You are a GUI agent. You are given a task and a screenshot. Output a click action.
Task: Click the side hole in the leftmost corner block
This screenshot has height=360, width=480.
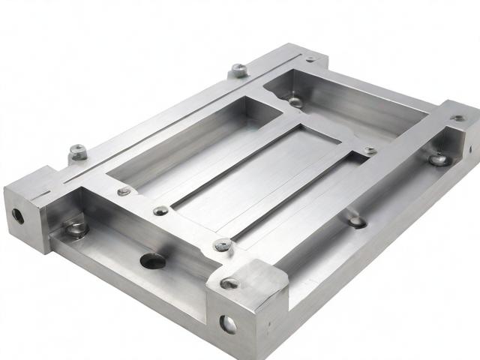17,214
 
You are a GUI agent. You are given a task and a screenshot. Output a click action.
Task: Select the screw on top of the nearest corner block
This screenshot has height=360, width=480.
229,283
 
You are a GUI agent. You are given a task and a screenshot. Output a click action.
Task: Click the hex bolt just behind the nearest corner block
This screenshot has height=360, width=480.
223,244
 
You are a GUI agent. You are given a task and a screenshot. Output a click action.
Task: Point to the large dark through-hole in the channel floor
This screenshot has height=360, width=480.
152,260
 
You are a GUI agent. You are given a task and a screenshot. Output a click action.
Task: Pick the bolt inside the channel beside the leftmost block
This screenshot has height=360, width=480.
76,227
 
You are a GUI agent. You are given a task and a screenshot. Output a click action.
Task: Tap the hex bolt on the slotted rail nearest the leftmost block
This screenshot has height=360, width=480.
78,152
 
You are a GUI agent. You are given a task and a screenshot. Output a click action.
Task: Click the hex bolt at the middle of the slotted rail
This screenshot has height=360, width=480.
238,70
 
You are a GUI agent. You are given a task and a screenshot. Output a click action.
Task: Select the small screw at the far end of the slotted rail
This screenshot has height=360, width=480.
310,58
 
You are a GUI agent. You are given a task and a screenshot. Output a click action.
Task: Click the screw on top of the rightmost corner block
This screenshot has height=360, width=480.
457,118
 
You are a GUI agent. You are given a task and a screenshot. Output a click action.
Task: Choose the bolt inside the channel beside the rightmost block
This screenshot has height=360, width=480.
439,158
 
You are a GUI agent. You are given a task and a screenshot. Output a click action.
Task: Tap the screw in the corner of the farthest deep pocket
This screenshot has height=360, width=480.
295,101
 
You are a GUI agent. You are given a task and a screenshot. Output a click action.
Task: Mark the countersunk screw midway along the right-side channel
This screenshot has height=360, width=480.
357,220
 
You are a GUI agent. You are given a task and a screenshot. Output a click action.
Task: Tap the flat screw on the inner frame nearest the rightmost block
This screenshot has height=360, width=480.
370,151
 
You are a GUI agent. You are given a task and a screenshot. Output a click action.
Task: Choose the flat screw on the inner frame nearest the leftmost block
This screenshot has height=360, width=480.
124,191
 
